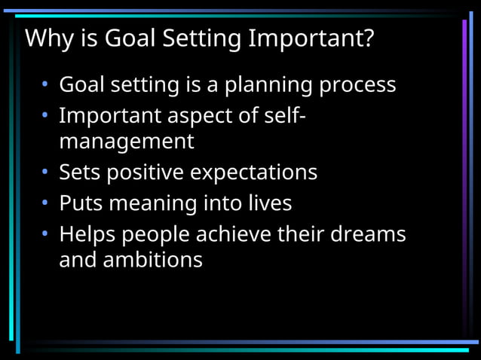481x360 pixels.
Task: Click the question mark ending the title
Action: (x=366, y=38)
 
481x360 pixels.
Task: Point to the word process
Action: (x=357, y=85)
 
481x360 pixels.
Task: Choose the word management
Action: (x=127, y=142)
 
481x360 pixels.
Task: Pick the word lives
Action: (x=269, y=203)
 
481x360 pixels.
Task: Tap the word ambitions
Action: (x=158, y=260)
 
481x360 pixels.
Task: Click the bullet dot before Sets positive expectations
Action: (x=45, y=173)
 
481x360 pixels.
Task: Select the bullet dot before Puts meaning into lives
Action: (x=45, y=204)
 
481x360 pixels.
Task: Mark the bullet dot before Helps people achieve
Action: (x=45, y=235)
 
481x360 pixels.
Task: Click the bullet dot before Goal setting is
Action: (x=45, y=85)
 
